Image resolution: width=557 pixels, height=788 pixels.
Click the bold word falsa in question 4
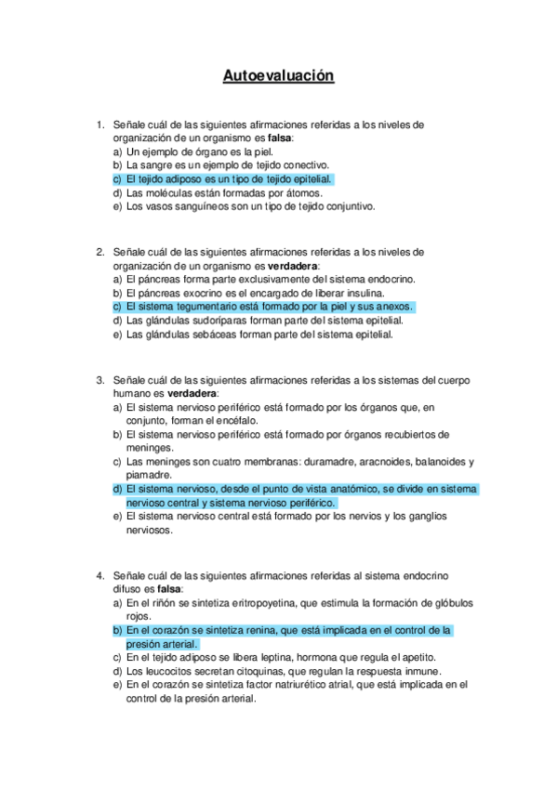click(x=169, y=589)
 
